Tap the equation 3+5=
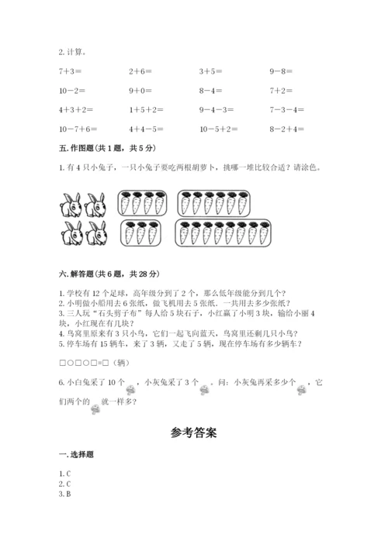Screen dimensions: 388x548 point(212,71)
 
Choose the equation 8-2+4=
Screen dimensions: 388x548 point(287,129)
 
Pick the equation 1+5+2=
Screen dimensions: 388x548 point(146,109)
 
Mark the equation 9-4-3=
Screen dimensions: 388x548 point(217,109)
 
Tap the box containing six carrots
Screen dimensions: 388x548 point(206,204)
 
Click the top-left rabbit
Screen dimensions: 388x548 point(71,205)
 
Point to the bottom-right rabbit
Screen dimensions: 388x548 point(96,233)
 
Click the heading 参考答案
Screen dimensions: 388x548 point(193,433)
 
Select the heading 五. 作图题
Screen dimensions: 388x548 point(103,147)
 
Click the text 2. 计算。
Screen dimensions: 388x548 point(72,53)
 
